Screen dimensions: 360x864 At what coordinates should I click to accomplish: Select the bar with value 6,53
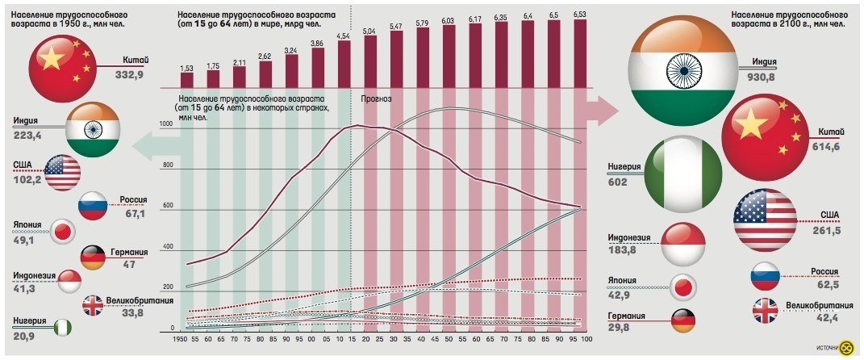[580, 52]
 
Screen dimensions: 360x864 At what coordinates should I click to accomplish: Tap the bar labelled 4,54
[344, 63]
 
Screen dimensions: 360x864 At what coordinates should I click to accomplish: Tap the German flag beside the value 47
[94, 257]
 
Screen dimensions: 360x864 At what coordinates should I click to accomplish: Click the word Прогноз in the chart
[378, 99]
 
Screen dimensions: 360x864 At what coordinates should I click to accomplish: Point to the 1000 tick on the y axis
[167, 124]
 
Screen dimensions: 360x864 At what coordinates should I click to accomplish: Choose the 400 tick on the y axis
[167, 246]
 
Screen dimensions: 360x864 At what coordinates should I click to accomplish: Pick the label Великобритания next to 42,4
[819, 306]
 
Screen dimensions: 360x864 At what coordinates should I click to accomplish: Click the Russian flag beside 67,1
[92, 207]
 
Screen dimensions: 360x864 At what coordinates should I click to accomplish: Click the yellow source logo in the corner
[846, 348]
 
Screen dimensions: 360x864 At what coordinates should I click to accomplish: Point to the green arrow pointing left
[149, 146]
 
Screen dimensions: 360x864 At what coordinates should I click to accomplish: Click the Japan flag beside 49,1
[62, 231]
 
